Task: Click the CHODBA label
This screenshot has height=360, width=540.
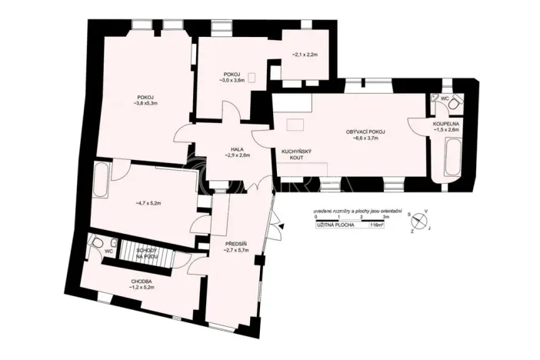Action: tap(142, 282)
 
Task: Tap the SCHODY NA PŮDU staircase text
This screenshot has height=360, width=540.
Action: tap(147, 253)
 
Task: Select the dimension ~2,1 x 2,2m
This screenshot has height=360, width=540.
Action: tap(307, 55)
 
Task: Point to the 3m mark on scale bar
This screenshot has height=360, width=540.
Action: tap(385, 220)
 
